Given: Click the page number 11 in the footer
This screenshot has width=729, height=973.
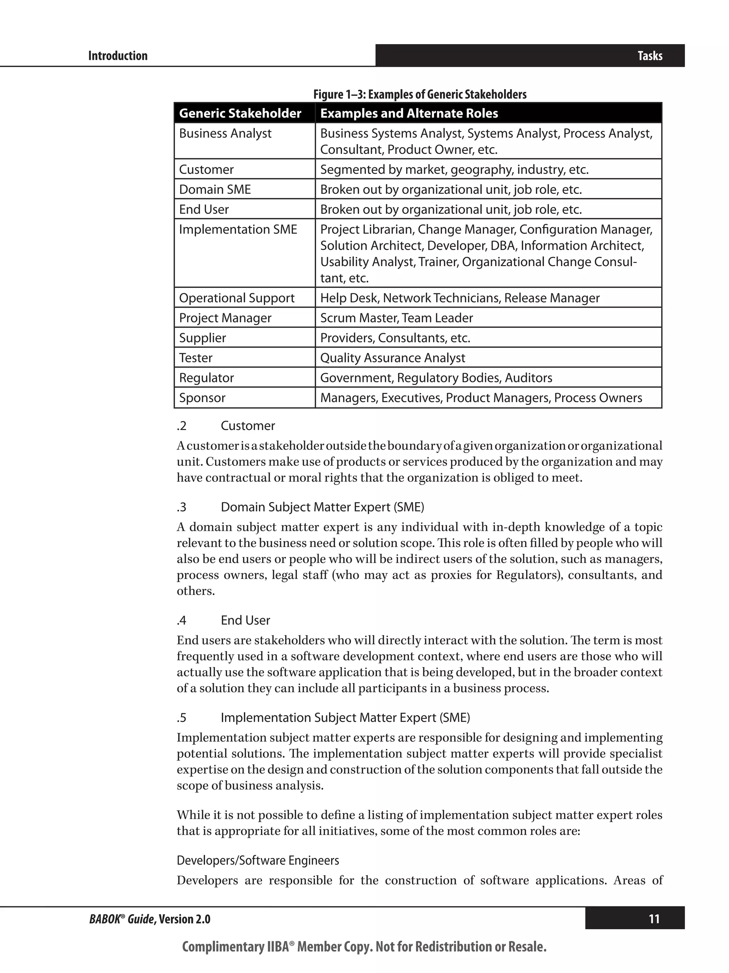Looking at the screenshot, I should (x=654, y=919).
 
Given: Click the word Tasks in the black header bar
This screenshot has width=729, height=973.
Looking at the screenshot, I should (x=650, y=56).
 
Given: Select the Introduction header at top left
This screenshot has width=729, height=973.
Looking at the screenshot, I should (x=118, y=56).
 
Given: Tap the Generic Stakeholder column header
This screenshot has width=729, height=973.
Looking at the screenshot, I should (x=240, y=114).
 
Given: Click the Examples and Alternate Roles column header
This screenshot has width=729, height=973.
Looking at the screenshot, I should (x=409, y=114).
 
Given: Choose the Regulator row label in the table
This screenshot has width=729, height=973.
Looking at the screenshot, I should (x=206, y=378).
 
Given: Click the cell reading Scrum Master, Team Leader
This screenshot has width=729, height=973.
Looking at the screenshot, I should (x=396, y=318).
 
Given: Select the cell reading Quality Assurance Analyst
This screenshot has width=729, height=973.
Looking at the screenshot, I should (x=392, y=358).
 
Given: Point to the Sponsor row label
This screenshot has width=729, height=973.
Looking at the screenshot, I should (x=202, y=398).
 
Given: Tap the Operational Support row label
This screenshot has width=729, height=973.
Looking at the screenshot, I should (x=236, y=298).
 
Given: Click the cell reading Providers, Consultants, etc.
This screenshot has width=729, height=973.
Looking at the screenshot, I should (x=395, y=338).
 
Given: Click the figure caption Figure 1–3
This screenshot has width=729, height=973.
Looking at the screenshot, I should (x=420, y=94).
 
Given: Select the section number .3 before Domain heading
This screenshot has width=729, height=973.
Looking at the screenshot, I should (x=182, y=508).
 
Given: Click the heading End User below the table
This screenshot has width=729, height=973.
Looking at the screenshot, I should (x=245, y=621).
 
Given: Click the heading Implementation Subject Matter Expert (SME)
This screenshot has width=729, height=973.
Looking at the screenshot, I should (x=345, y=718).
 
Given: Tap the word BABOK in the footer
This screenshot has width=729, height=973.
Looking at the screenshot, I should (x=105, y=919).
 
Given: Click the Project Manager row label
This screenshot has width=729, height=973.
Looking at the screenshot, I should (x=225, y=318).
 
